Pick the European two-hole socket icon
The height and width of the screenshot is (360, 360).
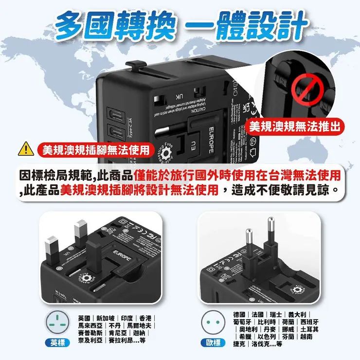pos(213,322)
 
